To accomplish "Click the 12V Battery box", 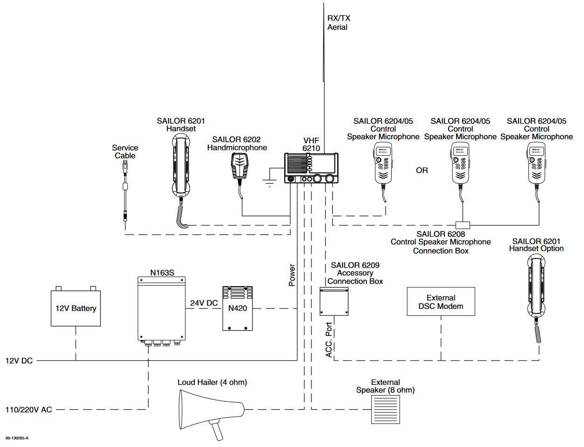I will (76, 308).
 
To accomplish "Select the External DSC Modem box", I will (441, 302).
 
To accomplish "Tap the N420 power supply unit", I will (238, 308).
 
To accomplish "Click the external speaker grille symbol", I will (385, 409).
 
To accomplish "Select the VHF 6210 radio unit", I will (311, 168).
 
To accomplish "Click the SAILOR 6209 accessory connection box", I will (334, 301).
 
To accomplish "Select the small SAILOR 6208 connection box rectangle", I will (463, 225).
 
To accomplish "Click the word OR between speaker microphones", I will (422, 171).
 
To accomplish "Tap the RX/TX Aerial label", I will (338, 22).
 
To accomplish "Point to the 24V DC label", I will (204, 303).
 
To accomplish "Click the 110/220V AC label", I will (28, 410).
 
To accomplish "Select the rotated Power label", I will (292, 275).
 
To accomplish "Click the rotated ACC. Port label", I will (329, 340).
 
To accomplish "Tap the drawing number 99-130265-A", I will (17, 438).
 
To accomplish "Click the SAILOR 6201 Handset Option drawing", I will (536, 294).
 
